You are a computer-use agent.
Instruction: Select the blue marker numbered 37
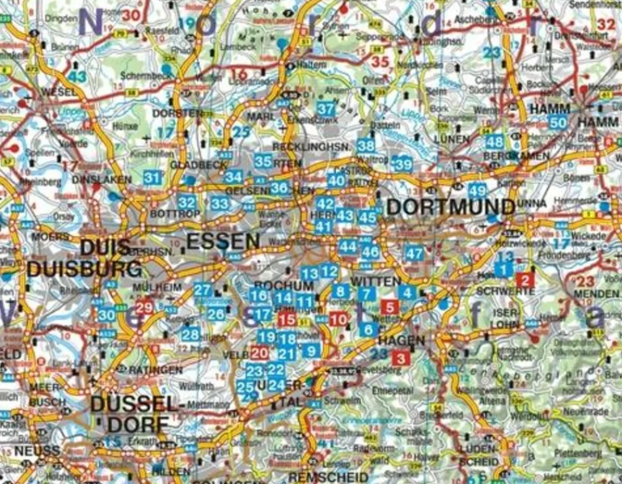pyautogui.click(x=326, y=108)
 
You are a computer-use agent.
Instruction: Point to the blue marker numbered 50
pyautogui.click(x=558, y=122)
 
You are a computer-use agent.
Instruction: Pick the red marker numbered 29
pyautogui.click(x=144, y=306)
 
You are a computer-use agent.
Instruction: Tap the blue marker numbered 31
pyautogui.click(x=152, y=178)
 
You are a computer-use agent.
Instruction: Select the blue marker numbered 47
pyautogui.click(x=414, y=253)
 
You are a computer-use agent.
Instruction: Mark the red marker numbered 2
pyautogui.click(x=526, y=280)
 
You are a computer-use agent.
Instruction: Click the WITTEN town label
pyautogui.click(x=376, y=281)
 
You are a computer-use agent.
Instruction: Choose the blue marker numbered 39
pyautogui.click(x=403, y=164)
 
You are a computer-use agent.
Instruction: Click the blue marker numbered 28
pyautogui.click(x=191, y=334)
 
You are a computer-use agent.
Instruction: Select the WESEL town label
pyautogui.click(x=60, y=92)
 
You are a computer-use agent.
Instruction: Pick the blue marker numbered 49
pyautogui.click(x=478, y=191)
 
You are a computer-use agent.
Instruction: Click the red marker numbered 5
pyautogui.click(x=390, y=306)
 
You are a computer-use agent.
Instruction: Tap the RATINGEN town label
pyautogui.click(x=155, y=370)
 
